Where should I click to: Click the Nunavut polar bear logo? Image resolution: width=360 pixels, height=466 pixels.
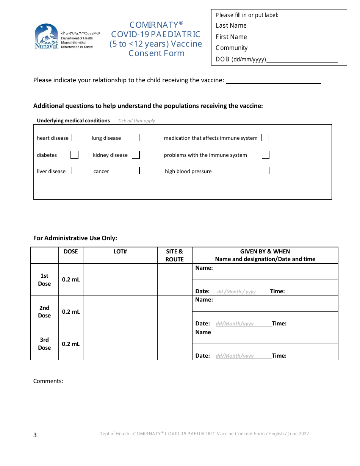(x=46, y=36)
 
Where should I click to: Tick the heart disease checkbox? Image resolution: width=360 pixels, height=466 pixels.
(x=75, y=138)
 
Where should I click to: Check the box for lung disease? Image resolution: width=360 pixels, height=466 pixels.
(x=136, y=138)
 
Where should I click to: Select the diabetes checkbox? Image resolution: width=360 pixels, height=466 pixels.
(x=75, y=155)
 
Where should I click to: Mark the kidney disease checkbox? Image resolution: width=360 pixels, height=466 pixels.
(x=136, y=155)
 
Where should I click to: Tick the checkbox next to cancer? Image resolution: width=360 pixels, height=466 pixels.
(x=136, y=170)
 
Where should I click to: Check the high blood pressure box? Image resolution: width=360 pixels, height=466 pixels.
(x=266, y=170)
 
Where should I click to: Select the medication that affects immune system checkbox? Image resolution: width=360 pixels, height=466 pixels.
(x=265, y=138)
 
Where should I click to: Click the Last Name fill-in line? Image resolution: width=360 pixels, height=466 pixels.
(x=292, y=27)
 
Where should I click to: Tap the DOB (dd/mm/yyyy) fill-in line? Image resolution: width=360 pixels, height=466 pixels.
(x=302, y=60)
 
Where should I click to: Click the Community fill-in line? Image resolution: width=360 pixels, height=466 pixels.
(x=293, y=48)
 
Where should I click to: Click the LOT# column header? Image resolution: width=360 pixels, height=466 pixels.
(x=120, y=252)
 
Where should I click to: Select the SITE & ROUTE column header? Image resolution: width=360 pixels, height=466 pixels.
(x=175, y=255)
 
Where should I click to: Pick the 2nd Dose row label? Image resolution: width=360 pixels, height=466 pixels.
(x=44, y=312)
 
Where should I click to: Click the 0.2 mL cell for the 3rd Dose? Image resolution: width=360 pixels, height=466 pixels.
(x=71, y=344)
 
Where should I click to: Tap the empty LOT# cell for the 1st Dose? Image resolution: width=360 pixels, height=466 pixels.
(x=120, y=280)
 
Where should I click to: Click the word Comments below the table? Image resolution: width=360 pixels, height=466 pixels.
(x=48, y=381)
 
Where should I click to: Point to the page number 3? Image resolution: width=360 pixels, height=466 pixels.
(x=35, y=435)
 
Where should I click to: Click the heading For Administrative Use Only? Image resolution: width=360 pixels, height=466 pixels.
(x=75, y=238)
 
